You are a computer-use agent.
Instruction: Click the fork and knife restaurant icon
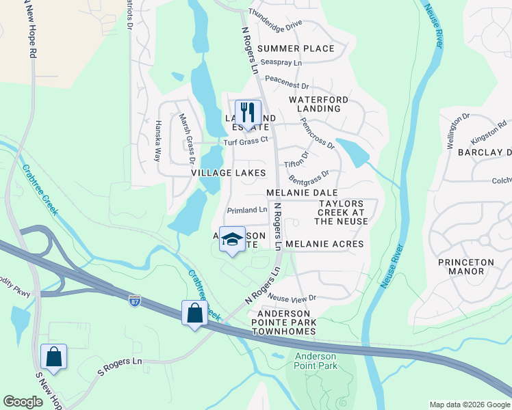248,111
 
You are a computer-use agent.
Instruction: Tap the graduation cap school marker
232,238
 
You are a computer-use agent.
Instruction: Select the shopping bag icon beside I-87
195,313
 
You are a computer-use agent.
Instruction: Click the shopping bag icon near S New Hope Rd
53,357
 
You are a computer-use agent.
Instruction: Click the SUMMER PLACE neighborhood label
296,49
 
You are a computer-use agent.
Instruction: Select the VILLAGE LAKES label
228,174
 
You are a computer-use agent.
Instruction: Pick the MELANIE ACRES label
324,244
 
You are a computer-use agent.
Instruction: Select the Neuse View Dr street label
292,298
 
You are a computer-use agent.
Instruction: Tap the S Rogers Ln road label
120,366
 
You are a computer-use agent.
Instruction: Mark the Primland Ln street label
247,210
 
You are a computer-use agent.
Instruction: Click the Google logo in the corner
23,402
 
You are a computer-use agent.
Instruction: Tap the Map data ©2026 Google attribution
469,405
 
